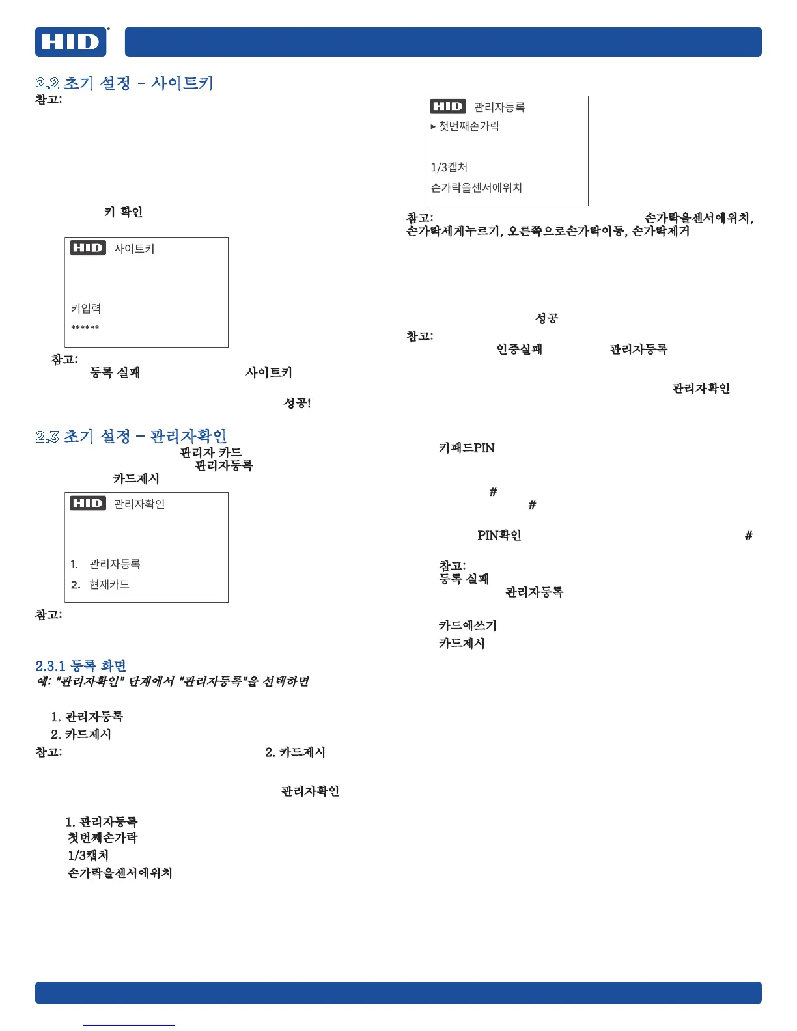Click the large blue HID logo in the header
(x=71, y=42)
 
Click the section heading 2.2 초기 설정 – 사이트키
(x=124, y=83)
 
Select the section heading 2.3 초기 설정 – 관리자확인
(x=131, y=436)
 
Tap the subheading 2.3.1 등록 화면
(x=81, y=666)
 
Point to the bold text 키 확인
(x=123, y=212)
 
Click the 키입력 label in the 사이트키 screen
(x=86, y=309)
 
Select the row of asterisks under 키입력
(x=85, y=328)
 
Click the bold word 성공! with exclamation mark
(x=297, y=404)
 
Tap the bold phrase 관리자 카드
(x=210, y=452)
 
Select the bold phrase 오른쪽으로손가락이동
(x=566, y=231)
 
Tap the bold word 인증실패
(x=519, y=350)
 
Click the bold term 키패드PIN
(x=466, y=448)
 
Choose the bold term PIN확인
(x=499, y=536)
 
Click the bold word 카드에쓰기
(x=467, y=625)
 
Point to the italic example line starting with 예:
(x=173, y=681)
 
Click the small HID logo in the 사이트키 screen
(x=88, y=248)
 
